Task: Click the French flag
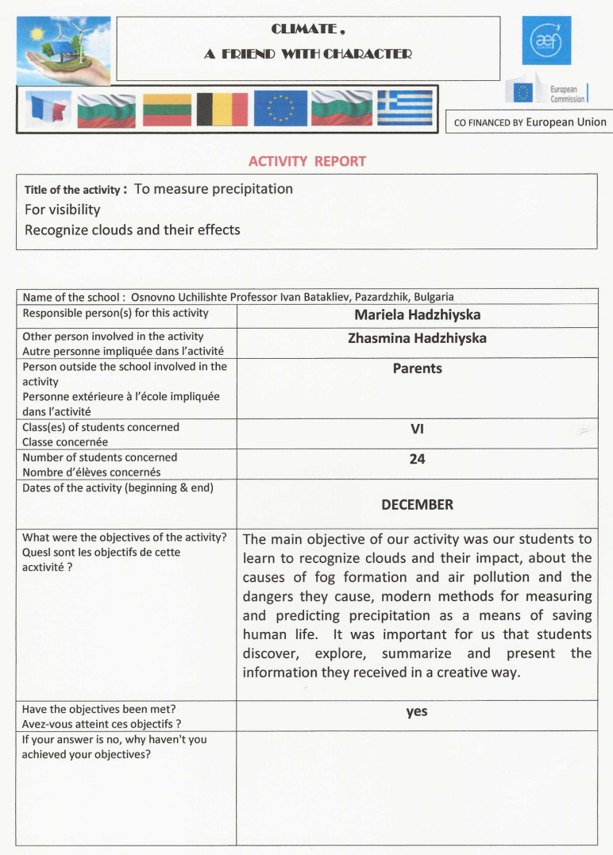[x=48, y=110]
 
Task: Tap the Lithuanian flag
[x=167, y=110]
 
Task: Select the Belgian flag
[x=222, y=110]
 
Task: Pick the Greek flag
[x=405, y=110]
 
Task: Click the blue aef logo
[x=546, y=40]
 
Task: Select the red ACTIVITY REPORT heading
[x=307, y=161]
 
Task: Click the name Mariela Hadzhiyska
[x=417, y=315]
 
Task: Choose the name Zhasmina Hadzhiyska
[x=417, y=338]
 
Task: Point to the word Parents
[x=417, y=368]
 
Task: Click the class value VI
[x=417, y=429]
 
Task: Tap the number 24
[x=417, y=459]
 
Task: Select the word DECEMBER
[x=417, y=505]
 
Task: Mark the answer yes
[x=417, y=712]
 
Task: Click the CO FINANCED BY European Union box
[x=530, y=122]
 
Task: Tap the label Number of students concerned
[x=100, y=457]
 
